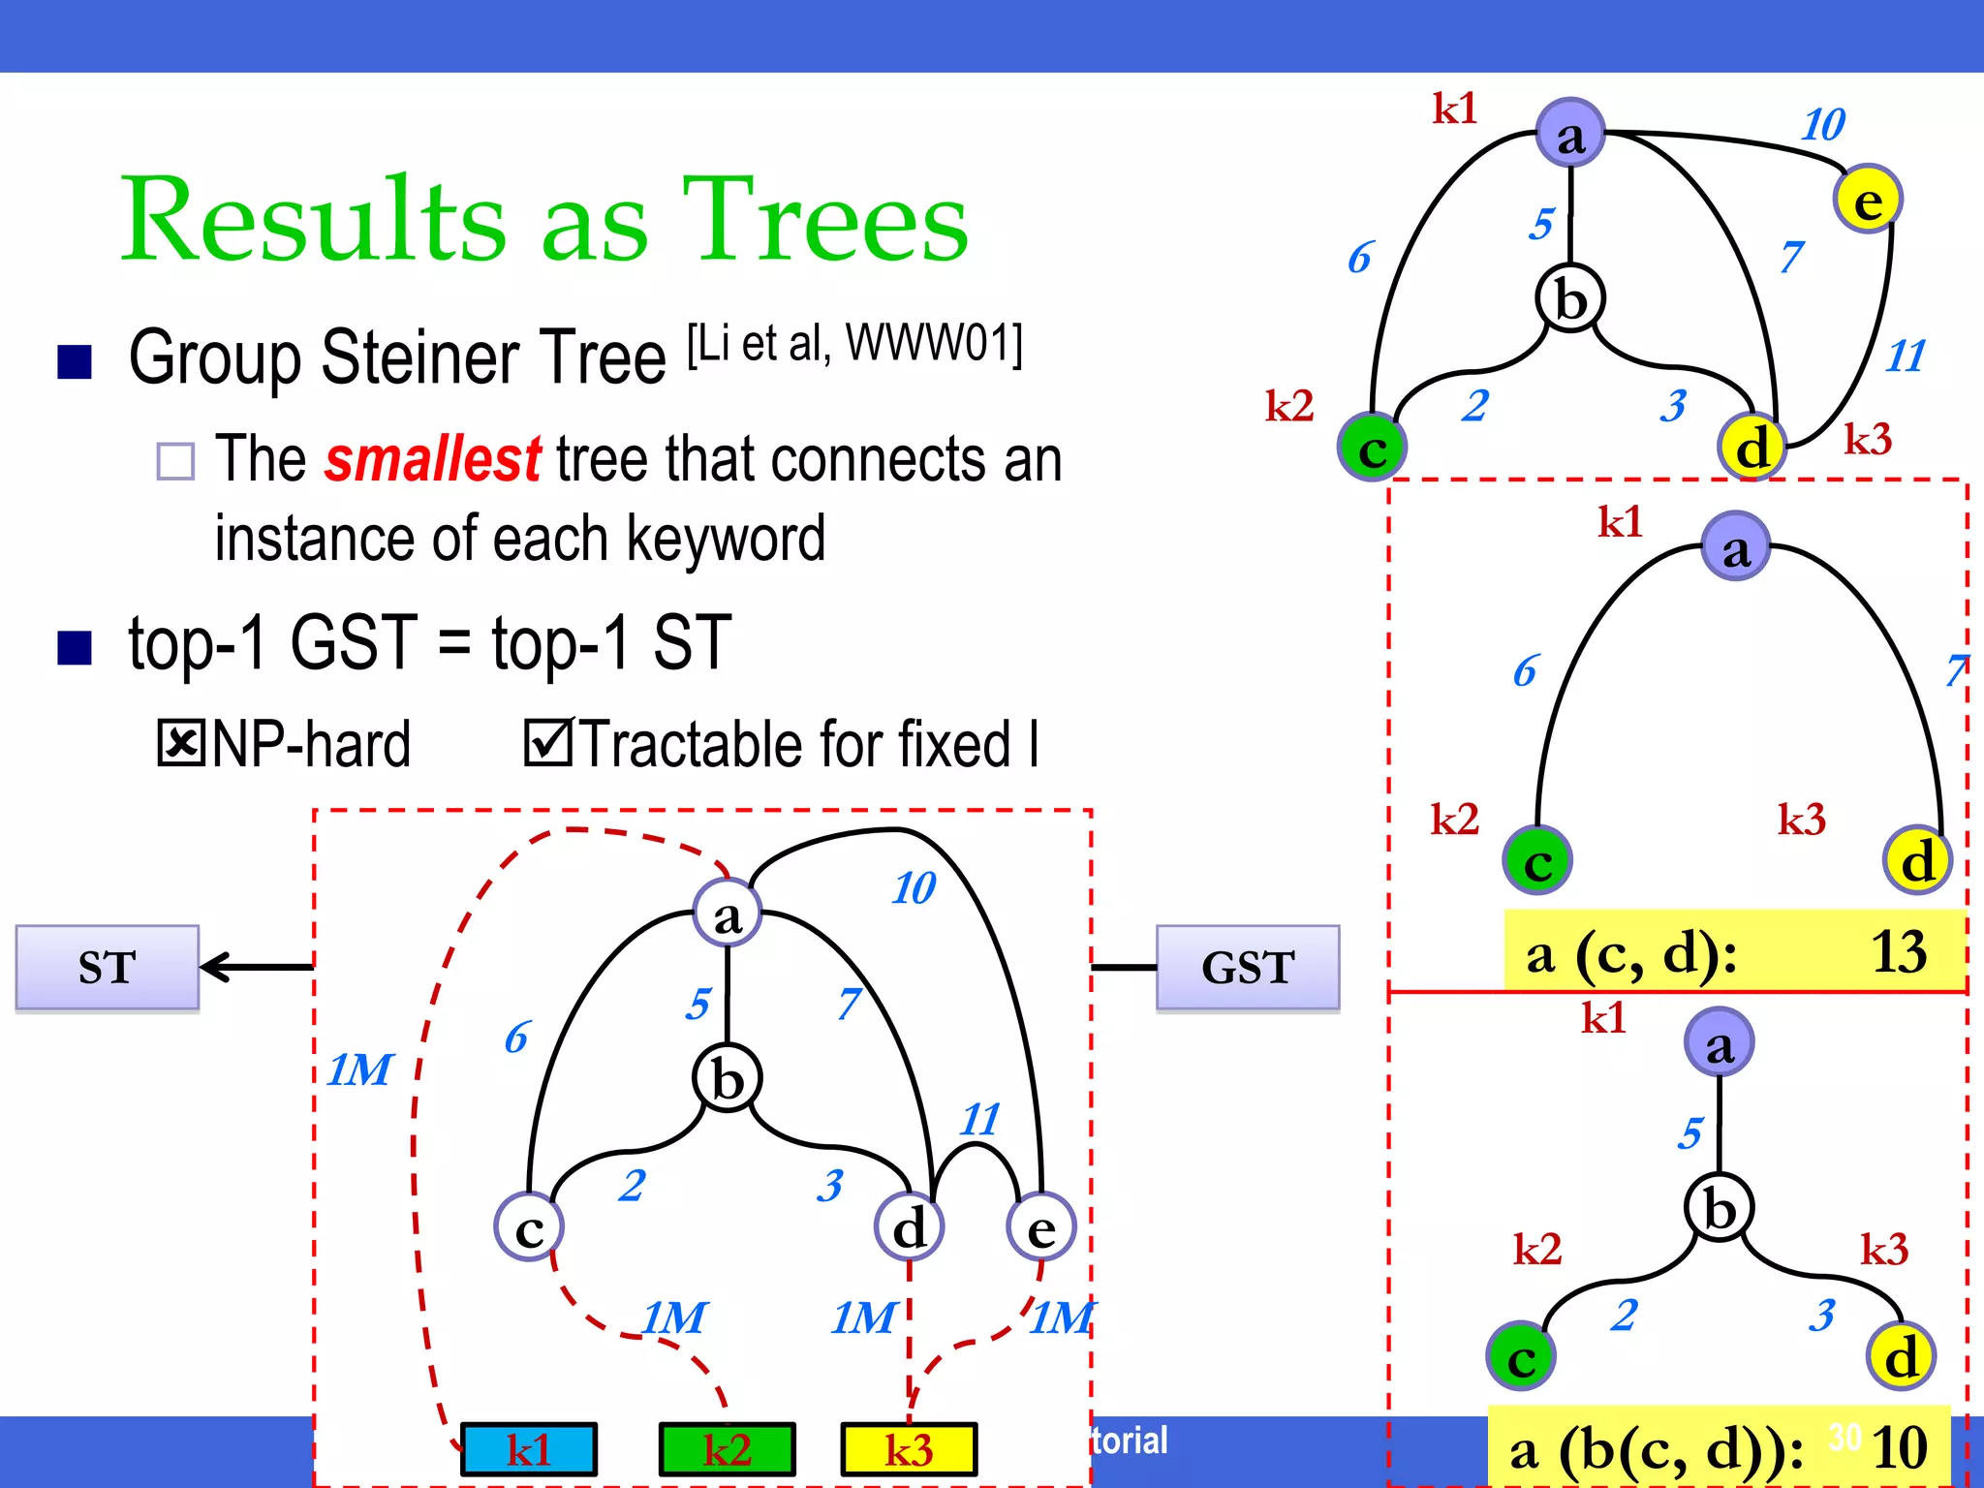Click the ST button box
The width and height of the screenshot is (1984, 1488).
pyautogui.click(x=107, y=967)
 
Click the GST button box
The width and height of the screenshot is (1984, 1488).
pyautogui.click(x=1248, y=967)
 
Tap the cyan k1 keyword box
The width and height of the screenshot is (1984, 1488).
pyautogui.click(x=529, y=1449)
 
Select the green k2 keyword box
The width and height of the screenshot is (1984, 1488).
pyautogui.click(x=727, y=1449)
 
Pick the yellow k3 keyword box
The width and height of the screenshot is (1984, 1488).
pyautogui.click(x=909, y=1449)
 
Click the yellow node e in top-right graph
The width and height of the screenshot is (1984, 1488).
pyautogui.click(x=1868, y=200)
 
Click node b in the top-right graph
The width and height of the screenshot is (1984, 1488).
pyautogui.click(x=1570, y=298)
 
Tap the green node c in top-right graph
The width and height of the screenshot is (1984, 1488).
pyautogui.click(x=1372, y=448)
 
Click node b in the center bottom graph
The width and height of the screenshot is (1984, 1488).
pyautogui.click(x=728, y=1078)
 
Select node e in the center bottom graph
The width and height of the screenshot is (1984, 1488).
pyautogui.click(x=1041, y=1227)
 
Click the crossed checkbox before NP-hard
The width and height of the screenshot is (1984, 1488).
pyautogui.click(x=180, y=743)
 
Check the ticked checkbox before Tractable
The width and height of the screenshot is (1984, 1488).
pyautogui.click(x=548, y=743)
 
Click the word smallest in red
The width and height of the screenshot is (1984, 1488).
pyautogui.click(x=432, y=459)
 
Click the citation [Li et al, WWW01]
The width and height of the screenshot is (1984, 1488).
pyautogui.click(x=854, y=343)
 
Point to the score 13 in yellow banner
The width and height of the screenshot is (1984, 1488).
pyautogui.click(x=1899, y=951)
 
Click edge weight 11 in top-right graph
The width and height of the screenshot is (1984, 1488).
pyautogui.click(x=1906, y=356)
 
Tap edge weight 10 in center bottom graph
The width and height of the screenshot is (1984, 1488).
pyautogui.click(x=914, y=887)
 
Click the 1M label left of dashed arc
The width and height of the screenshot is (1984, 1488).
pyautogui.click(x=359, y=1069)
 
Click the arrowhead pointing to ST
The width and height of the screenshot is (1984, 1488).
pyautogui.click(x=215, y=967)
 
